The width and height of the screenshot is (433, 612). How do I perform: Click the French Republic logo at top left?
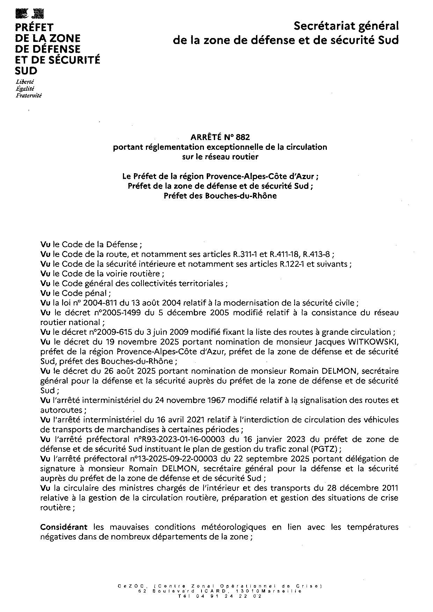pyautogui.click(x=30, y=14)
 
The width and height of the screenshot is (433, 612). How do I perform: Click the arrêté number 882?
pyautogui.click(x=243, y=137)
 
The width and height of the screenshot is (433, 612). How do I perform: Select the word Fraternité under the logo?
pyautogui.click(x=28, y=95)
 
